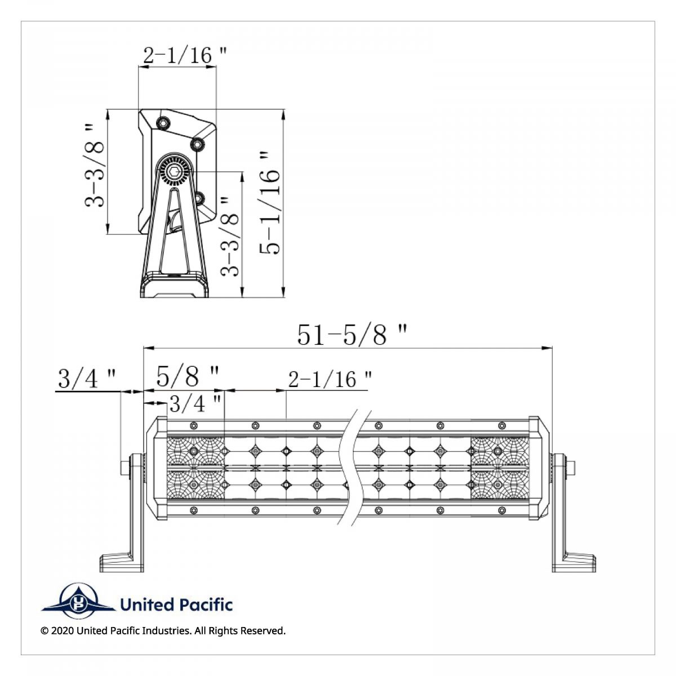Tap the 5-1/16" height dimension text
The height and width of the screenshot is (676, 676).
pyautogui.click(x=270, y=203)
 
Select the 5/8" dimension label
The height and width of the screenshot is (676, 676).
pyautogui.click(x=188, y=376)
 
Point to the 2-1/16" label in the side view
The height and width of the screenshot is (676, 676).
pyautogui.click(x=185, y=55)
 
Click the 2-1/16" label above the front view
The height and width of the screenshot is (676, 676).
pyautogui.click(x=330, y=380)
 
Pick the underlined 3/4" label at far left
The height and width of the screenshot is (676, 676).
pyautogui.click(x=87, y=379)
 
